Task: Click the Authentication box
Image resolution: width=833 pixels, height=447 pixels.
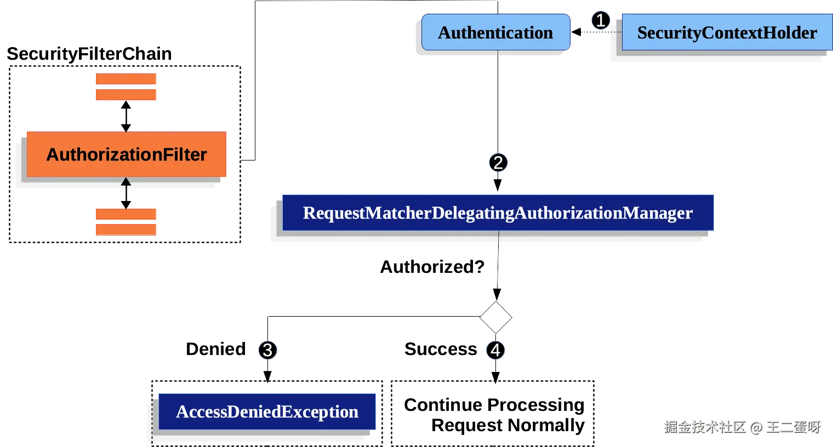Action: tap(495, 33)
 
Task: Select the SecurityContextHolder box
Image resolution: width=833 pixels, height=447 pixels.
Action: tap(726, 33)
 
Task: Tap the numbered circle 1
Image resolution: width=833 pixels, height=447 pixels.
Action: tap(600, 21)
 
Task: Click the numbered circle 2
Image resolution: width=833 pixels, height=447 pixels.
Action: tap(498, 163)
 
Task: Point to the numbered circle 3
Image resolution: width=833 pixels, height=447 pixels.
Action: tap(267, 350)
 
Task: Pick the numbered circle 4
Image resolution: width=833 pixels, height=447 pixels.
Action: tap(495, 350)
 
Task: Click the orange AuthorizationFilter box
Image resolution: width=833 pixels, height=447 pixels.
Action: tap(127, 154)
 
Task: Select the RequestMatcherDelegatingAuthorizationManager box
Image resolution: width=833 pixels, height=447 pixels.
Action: tap(498, 213)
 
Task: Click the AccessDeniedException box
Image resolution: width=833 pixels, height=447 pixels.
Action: tap(267, 411)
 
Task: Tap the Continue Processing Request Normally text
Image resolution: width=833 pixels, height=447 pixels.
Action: tap(494, 415)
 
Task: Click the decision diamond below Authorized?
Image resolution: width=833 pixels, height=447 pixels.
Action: tap(495, 317)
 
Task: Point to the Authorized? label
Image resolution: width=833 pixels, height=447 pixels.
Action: tap(432, 267)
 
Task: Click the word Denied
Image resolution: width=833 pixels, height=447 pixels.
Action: tap(215, 349)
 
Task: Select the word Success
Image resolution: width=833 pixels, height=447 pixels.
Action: tap(441, 349)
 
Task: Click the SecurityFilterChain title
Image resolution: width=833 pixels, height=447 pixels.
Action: tap(89, 54)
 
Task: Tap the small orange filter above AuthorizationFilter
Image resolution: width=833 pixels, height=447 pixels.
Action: tap(125, 86)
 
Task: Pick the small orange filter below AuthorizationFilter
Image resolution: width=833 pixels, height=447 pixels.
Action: tap(125, 221)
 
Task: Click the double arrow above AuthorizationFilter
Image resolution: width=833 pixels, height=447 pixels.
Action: tap(125, 116)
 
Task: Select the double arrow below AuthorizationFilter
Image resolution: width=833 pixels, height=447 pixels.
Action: tap(125, 193)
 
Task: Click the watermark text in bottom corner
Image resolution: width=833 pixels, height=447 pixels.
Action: tap(741, 426)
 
